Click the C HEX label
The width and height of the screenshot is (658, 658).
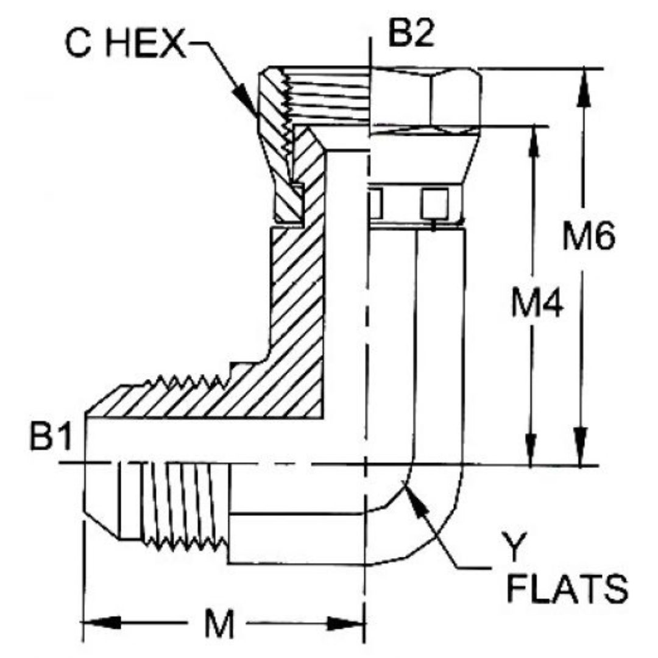click(125, 46)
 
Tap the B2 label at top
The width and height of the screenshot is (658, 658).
click(411, 35)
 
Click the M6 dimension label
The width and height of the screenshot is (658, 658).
click(588, 239)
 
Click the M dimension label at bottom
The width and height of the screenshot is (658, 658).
click(218, 624)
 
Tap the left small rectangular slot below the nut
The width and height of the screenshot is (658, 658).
click(376, 203)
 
